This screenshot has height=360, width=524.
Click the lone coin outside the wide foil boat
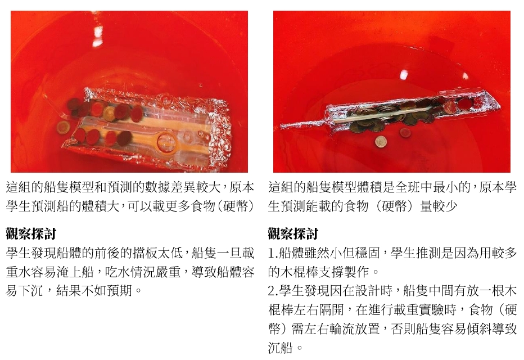(x=64, y=127)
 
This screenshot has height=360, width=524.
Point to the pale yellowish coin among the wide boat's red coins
(x=109, y=114)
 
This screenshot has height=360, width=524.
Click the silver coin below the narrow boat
(x=381, y=142)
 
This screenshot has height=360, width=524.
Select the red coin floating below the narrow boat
(x=405, y=133)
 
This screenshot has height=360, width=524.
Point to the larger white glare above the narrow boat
(x=404, y=75)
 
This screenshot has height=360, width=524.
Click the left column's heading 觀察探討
(x=31, y=233)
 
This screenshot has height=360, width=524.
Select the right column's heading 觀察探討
(x=293, y=233)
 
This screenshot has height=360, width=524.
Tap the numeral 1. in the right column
(x=273, y=253)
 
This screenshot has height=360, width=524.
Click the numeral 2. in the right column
(x=273, y=291)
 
